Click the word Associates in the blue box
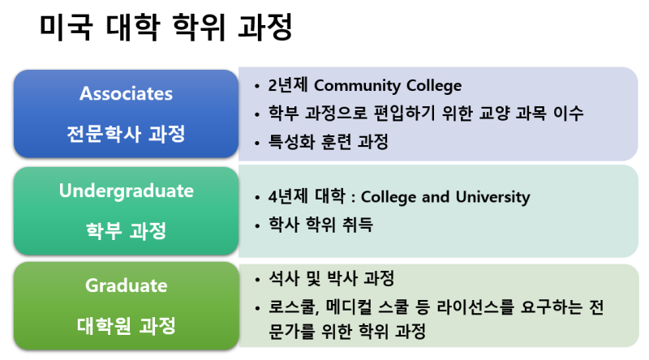126,93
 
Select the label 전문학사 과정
126,133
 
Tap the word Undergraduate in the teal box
126,191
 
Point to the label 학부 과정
126,230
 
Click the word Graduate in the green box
126,285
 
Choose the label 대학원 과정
126,325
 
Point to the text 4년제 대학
304,197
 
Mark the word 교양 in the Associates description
496,114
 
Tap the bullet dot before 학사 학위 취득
258,225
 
